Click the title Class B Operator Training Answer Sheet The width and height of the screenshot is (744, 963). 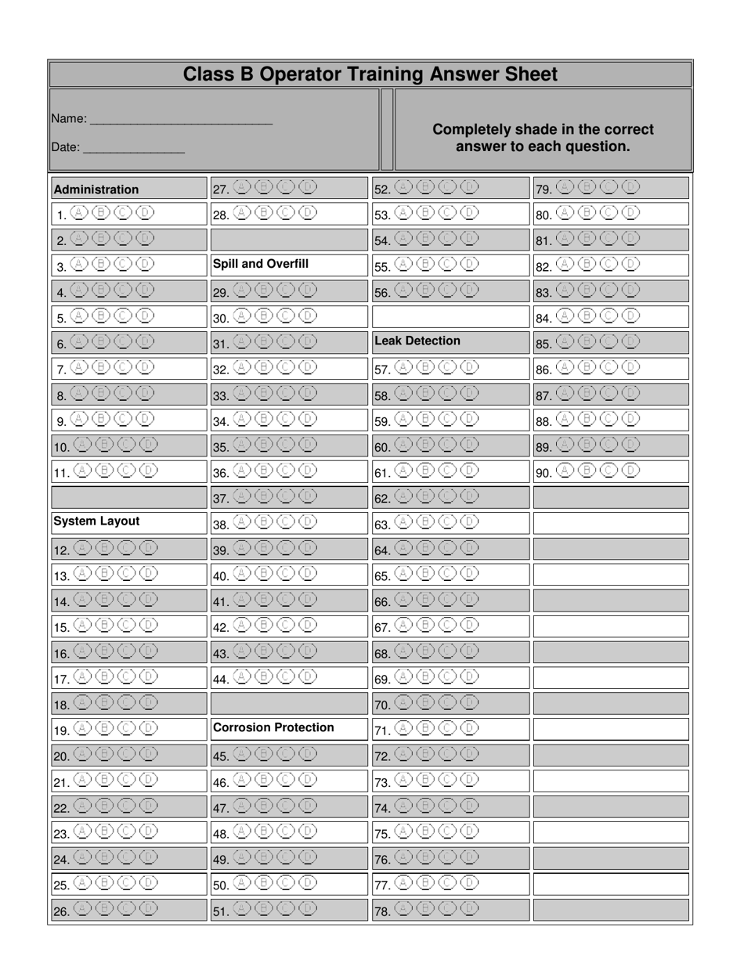370,74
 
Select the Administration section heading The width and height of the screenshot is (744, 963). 96,189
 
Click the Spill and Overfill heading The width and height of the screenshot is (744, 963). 260,264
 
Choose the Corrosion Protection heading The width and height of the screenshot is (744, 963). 273,727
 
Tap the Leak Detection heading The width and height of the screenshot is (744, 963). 417,341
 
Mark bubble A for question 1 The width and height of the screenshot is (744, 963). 78,212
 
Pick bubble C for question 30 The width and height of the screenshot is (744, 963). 286,316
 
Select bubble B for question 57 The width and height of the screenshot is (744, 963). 425,366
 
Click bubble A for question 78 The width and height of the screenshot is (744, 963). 403,909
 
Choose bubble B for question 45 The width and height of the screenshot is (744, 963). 264,754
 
